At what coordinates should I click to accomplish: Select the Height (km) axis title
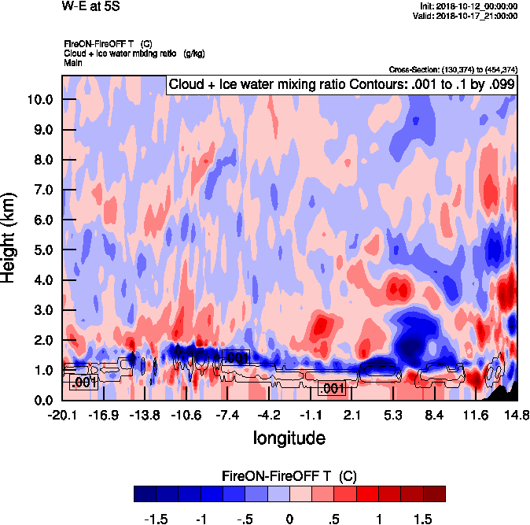[x=10, y=237]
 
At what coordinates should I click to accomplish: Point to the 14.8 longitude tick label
[x=516, y=415]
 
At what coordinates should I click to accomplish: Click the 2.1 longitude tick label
[x=351, y=415]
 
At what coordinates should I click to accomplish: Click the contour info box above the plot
[x=341, y=84]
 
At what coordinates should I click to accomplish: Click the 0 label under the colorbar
[x=289, y=519]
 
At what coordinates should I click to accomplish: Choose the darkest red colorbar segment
[x=434, y=494]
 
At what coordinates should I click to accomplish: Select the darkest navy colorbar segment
[x=145, y=494]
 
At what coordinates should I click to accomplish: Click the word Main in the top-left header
[x=74, y=62]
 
